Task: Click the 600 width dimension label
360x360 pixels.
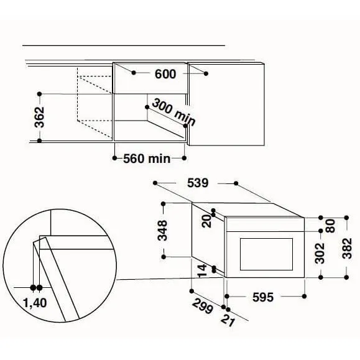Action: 165,74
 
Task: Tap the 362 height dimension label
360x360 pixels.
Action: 39,117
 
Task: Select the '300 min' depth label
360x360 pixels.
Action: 173,112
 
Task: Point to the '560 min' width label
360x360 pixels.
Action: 147,159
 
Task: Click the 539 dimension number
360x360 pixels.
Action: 198,183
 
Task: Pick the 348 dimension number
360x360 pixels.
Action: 162,230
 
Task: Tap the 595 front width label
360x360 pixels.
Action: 263,297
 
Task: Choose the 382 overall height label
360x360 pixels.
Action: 347,249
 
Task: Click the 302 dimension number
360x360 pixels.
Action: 320,253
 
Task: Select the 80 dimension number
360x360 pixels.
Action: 331,226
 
